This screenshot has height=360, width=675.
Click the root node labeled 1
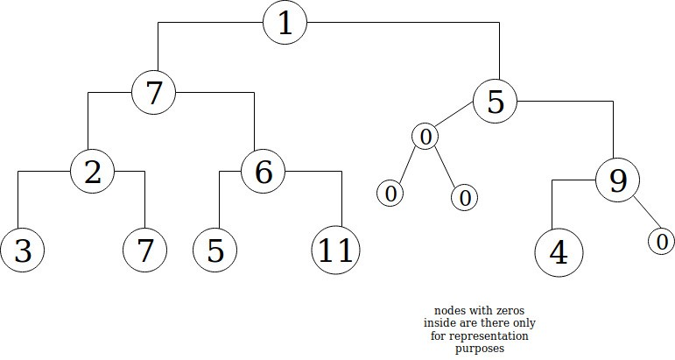point(285,24)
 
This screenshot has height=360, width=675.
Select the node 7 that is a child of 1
point(154,92)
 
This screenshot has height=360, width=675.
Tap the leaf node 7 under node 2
point(145,251)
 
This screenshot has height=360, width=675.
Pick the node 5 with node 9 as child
point(496,102)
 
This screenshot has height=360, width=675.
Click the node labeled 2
point(93,172)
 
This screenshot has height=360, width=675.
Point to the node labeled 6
point(264,172)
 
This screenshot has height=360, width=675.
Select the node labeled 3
point(24,251)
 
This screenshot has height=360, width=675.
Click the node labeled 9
point(618,180)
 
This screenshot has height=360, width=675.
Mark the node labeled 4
point(559,253)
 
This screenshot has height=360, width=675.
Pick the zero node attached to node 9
point(661,240)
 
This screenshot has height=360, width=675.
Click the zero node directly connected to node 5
point(425,137)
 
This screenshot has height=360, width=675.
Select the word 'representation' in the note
point(495,336)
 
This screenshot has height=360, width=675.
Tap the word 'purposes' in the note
point(482,349)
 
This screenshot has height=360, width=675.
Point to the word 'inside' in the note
point(439,325)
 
